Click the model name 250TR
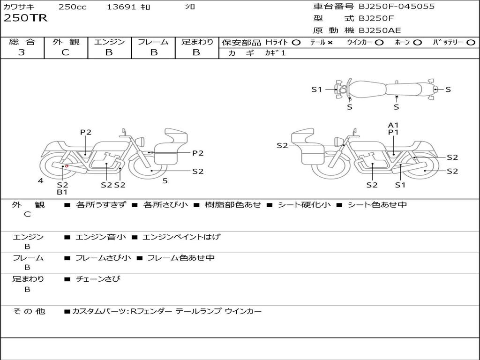[25, 19]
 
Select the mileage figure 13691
[121, 7]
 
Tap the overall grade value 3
[22, 52]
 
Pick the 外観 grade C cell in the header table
[65, 52]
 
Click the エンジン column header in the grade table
[109, 42]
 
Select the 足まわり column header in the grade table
[197, 42]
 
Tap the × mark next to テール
[330, 43]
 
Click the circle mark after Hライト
[296, 43]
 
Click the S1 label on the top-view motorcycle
[317, 89]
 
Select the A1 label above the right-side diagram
[393, 125]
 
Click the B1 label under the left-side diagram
[62, 192]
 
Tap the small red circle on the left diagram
[67, 165]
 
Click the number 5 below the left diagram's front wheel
[165, 180]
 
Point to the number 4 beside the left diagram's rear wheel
[41, 180]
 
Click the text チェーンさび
[98, 279]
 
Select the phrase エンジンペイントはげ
[181, 237]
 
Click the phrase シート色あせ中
[377, 205]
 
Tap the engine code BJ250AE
[380, 30]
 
